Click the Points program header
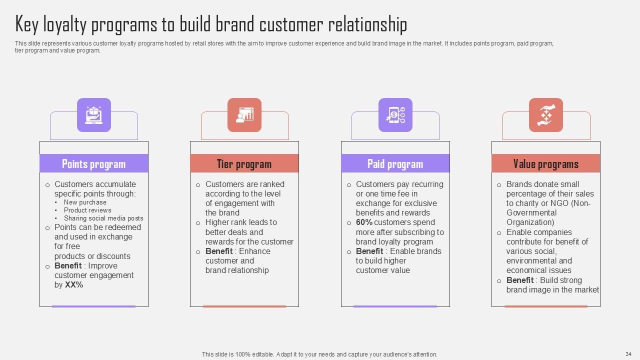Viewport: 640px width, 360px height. click(x=93, y=164)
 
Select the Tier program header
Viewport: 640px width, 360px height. click(x=244, y=164)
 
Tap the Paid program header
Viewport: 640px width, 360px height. click(x=395, y=164)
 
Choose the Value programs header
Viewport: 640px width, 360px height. click(x=545, y=164)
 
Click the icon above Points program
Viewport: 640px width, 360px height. click(x=94, y=115)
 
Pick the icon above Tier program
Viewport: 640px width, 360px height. click(x=244, y=115)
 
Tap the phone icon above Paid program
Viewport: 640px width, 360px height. click(x=395, y=115)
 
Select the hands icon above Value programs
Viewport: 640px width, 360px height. click(x=546, y=115)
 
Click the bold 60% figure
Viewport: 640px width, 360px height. click(x=364, y=222)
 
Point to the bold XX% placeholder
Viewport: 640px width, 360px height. click(x=74, y=285)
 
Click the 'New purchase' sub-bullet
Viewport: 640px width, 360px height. click(x=85, y=202)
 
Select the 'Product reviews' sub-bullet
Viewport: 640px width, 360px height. click(x=87, y=210)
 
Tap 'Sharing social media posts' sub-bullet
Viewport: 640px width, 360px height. click(x=103, y=218)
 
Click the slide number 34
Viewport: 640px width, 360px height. click(x=628, y=354)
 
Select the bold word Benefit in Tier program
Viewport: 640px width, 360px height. click(x=219, y=251)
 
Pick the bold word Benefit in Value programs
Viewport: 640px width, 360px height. click(x=520, y=280)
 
